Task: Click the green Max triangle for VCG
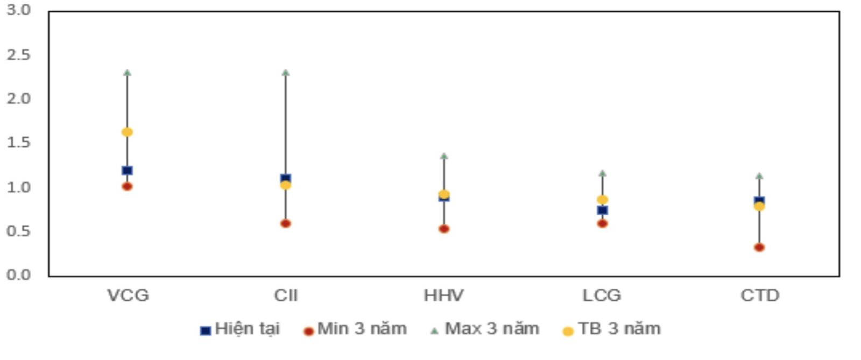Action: click(127, 73)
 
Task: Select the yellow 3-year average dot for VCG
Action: click(127, 132)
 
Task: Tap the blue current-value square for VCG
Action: click(127, 171)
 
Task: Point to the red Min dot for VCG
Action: click(127, 187)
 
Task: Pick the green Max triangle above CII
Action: click(286, 73)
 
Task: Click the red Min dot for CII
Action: click(286, 224)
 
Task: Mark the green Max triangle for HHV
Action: click(444, 157)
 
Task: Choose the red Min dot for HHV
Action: click(444, 229)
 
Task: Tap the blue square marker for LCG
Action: click(602, 210)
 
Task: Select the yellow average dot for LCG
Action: click(602, 200)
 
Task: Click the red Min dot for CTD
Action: click(759, 248)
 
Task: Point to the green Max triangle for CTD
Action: click(759, 176)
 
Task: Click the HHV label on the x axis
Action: click(443, 295)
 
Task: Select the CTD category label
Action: click(759, 295)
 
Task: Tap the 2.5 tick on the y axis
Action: click(19, 55)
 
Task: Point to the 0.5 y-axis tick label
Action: click(19, 231)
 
